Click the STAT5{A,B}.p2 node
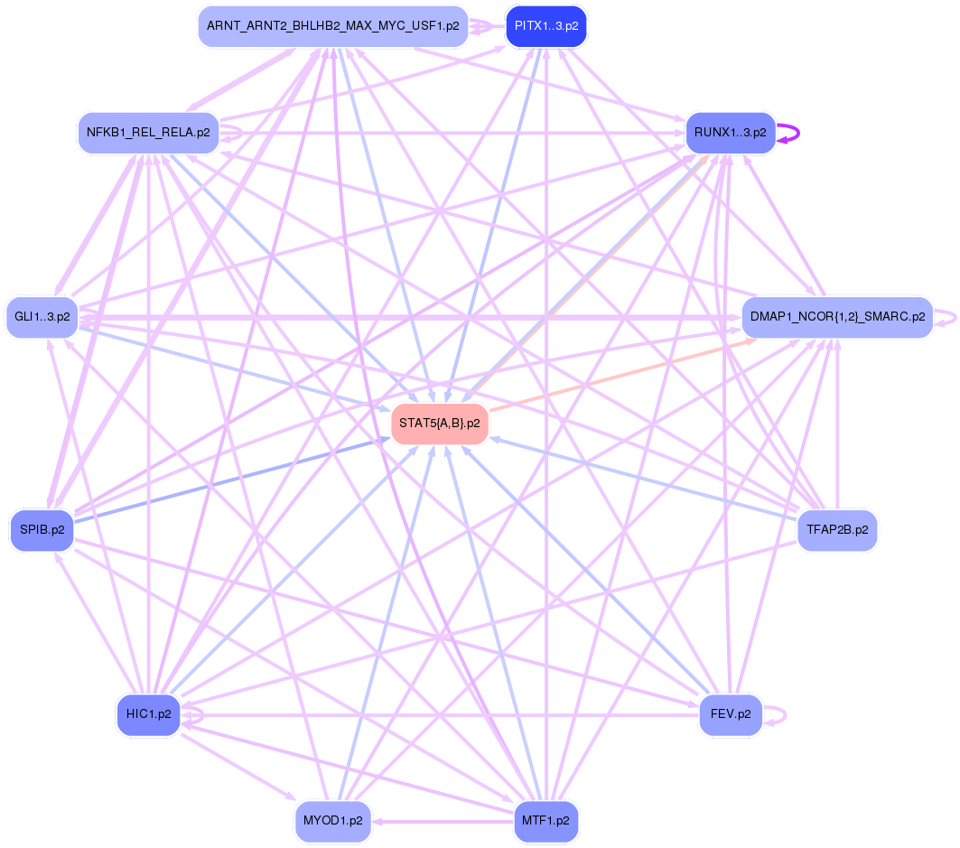pyautogui.click(x=440, y=424)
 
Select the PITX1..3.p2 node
pyautogui.click(x=546, y=26)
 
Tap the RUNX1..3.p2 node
pyautogui.click(x=731, y=134)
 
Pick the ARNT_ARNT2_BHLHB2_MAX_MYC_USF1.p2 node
pyautogui.click(x=332, y=26)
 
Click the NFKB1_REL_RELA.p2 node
pyautogui.click(x=148, y=133)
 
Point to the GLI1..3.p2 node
pyautogui.click(x=42, y=317)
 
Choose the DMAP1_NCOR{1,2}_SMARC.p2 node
pyautogui.click(x=836, y=317)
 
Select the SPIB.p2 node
pyautogui.click(x=42, y=530)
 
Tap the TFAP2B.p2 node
pyautogui.click(x=836, y=530)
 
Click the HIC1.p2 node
pyautogui.click(x=149, y=714)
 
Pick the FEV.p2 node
pyautogui.click(x=731, y=714)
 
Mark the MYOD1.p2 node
pyautogui.click(x=333, y=821)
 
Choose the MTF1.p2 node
pyautogui.click(x=546, y=821)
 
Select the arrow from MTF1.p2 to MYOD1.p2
pyautogui.click(x=443, y=822)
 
